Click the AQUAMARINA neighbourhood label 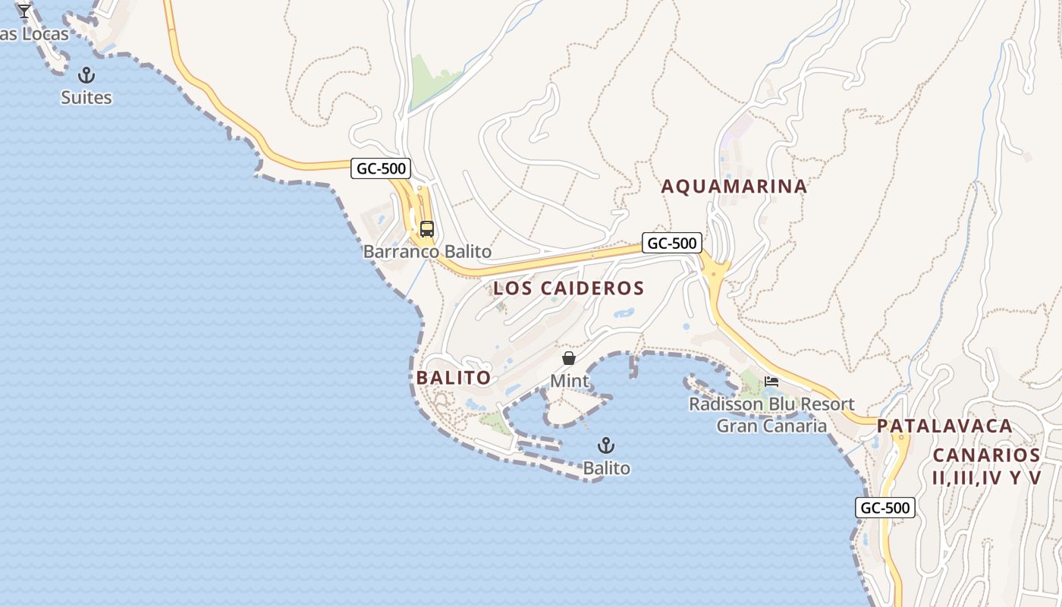[x=734, y=187]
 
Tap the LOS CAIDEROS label [x=568, y=288]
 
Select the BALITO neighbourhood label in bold [x=453, y=378]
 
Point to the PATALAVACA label [x=944, y=426]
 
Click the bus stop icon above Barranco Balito [x=427, y=228]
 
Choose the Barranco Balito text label [x=427, y=251]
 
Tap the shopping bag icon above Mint [x=569, y=358]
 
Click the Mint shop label [x=569, y=380]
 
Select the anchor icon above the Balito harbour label [x=605, y=445]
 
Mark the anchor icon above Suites [x=86, y=75]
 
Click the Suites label [x=86, y=97]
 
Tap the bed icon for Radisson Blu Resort [x=771, y=381]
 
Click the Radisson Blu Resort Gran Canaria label [x=771, y=415]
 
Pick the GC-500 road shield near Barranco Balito [x=381, y=168]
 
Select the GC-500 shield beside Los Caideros [x=672, y=244]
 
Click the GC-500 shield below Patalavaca [x=885, y=508]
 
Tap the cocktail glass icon [x=24, y=11]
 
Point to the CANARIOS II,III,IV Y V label [x=986, y=466]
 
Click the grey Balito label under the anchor [x=607, y=468]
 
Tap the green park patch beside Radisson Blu [x=751, y=383]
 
